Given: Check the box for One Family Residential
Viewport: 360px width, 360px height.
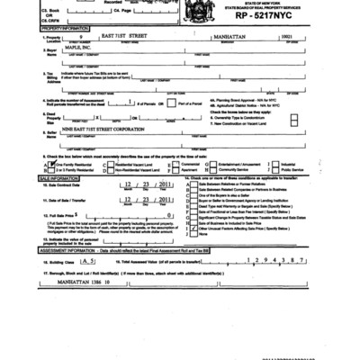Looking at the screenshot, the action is point(33,164).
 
